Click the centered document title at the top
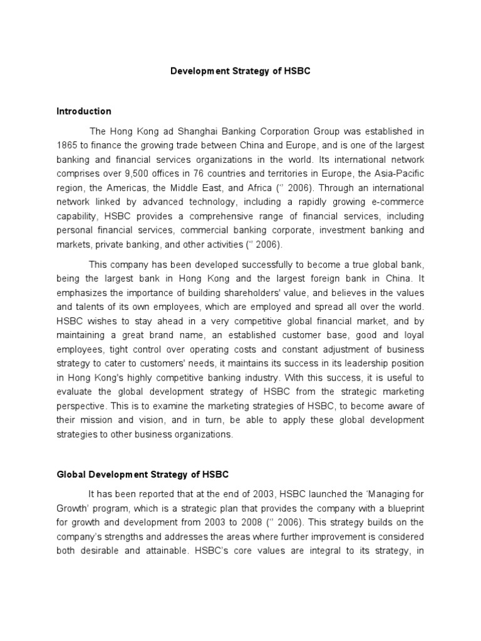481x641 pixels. [240, 71]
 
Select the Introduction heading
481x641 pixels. [84, 111]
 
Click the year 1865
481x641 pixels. [67, 145]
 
